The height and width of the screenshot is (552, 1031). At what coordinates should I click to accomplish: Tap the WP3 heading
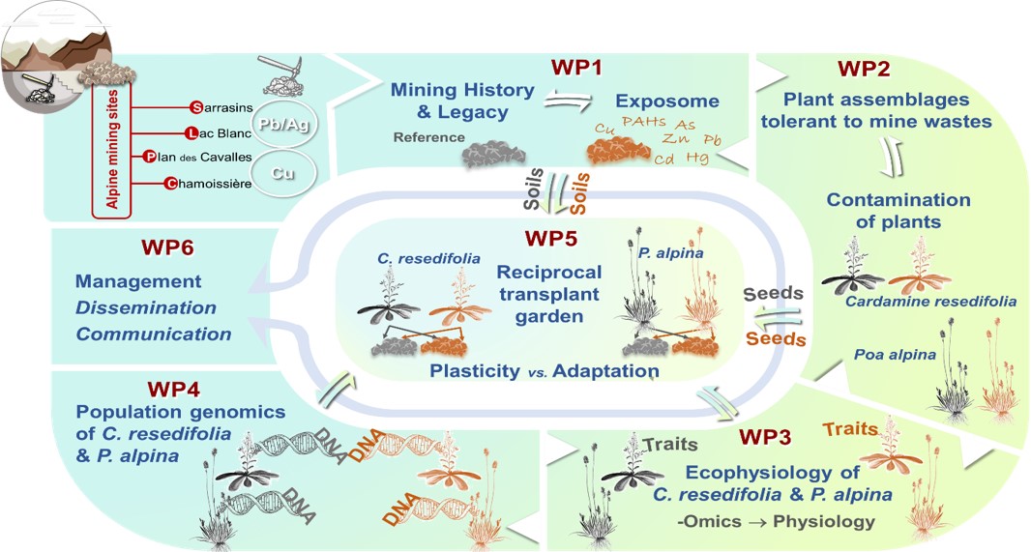click(x=766, y=437)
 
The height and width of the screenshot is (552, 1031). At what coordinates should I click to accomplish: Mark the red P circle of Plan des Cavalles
click(x=149, y=158)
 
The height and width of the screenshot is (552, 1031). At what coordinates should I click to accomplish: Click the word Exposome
click(x=667, y=101)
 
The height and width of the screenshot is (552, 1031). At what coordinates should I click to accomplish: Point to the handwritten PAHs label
click(x=645, y=123)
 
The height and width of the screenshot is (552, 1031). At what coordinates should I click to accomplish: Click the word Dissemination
click(x=146, y=308)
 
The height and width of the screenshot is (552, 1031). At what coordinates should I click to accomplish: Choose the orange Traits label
click(x=851, y=428)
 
